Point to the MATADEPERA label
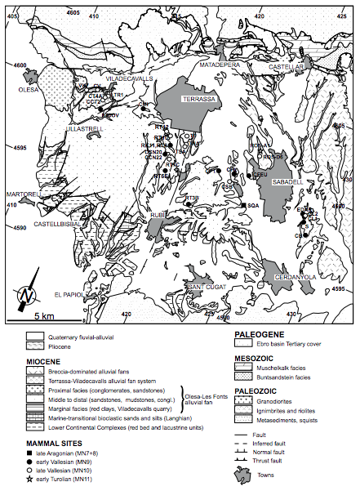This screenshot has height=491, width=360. (219, 61)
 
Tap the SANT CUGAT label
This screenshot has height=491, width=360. (201, 287)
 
